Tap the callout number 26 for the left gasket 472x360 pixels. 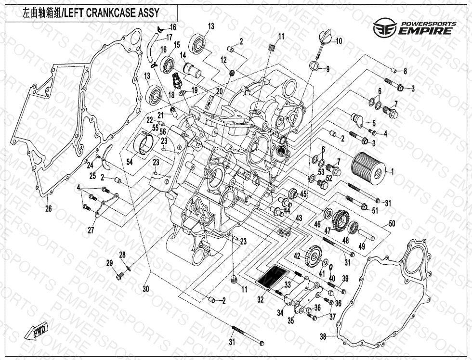48,209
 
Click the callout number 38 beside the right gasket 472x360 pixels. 323,336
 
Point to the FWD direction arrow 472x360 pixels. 37,332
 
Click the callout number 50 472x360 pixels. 391,224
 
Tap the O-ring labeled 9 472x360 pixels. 315,66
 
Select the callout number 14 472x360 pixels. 183,56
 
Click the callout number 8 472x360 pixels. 405,71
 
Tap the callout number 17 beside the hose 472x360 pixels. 169,37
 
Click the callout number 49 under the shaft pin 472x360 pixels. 362,247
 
